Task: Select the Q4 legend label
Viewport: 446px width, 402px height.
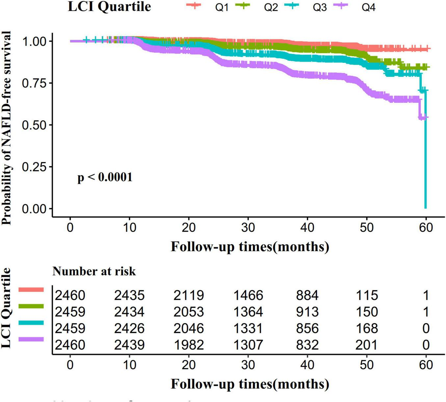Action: [x=368, y=7]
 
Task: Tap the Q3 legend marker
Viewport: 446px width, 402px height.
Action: [x=291, y=5]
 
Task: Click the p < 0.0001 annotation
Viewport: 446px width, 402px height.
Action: [x=105, y=177]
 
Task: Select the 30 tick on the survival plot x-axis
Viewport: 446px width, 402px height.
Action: [x=248, y=227]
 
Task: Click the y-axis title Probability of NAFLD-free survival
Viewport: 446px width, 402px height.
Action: [x=7, y=128]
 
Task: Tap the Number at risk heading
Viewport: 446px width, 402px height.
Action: [x=94, y=271]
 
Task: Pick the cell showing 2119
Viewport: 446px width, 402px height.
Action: [x=189, y=295]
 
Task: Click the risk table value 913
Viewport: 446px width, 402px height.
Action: [x=307, y=312]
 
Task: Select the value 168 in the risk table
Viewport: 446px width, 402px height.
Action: [x=366, y=328]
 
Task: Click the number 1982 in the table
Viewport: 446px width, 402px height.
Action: [x=189, y=344]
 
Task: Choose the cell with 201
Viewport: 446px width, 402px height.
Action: [x=366, y=344]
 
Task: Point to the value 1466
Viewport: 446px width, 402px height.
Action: [x=248, y=295]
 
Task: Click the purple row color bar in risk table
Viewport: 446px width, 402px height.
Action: [x=31, y=339]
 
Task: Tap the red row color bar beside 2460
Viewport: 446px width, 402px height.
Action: [x=31, y=289]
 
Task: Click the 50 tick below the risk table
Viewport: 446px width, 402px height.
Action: [x=366, y=365]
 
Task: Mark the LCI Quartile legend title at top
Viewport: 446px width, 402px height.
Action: [x=109, y=7]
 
